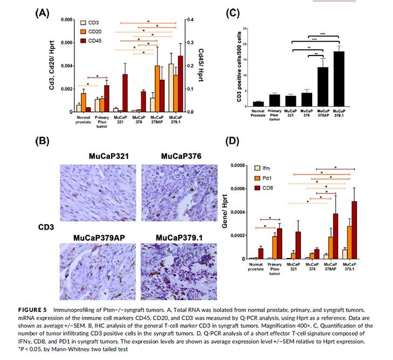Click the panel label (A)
pos(43,12)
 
